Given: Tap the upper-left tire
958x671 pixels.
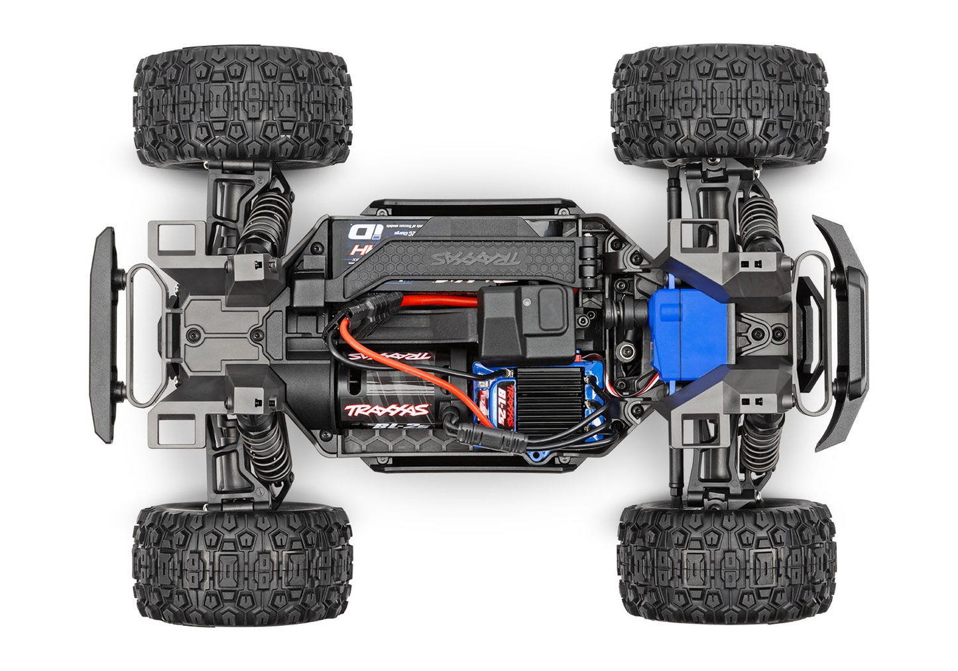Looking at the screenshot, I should point(243,106).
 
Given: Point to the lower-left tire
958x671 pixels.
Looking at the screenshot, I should point(243,564).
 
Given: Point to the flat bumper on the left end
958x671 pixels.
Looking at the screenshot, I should point(103,335).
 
